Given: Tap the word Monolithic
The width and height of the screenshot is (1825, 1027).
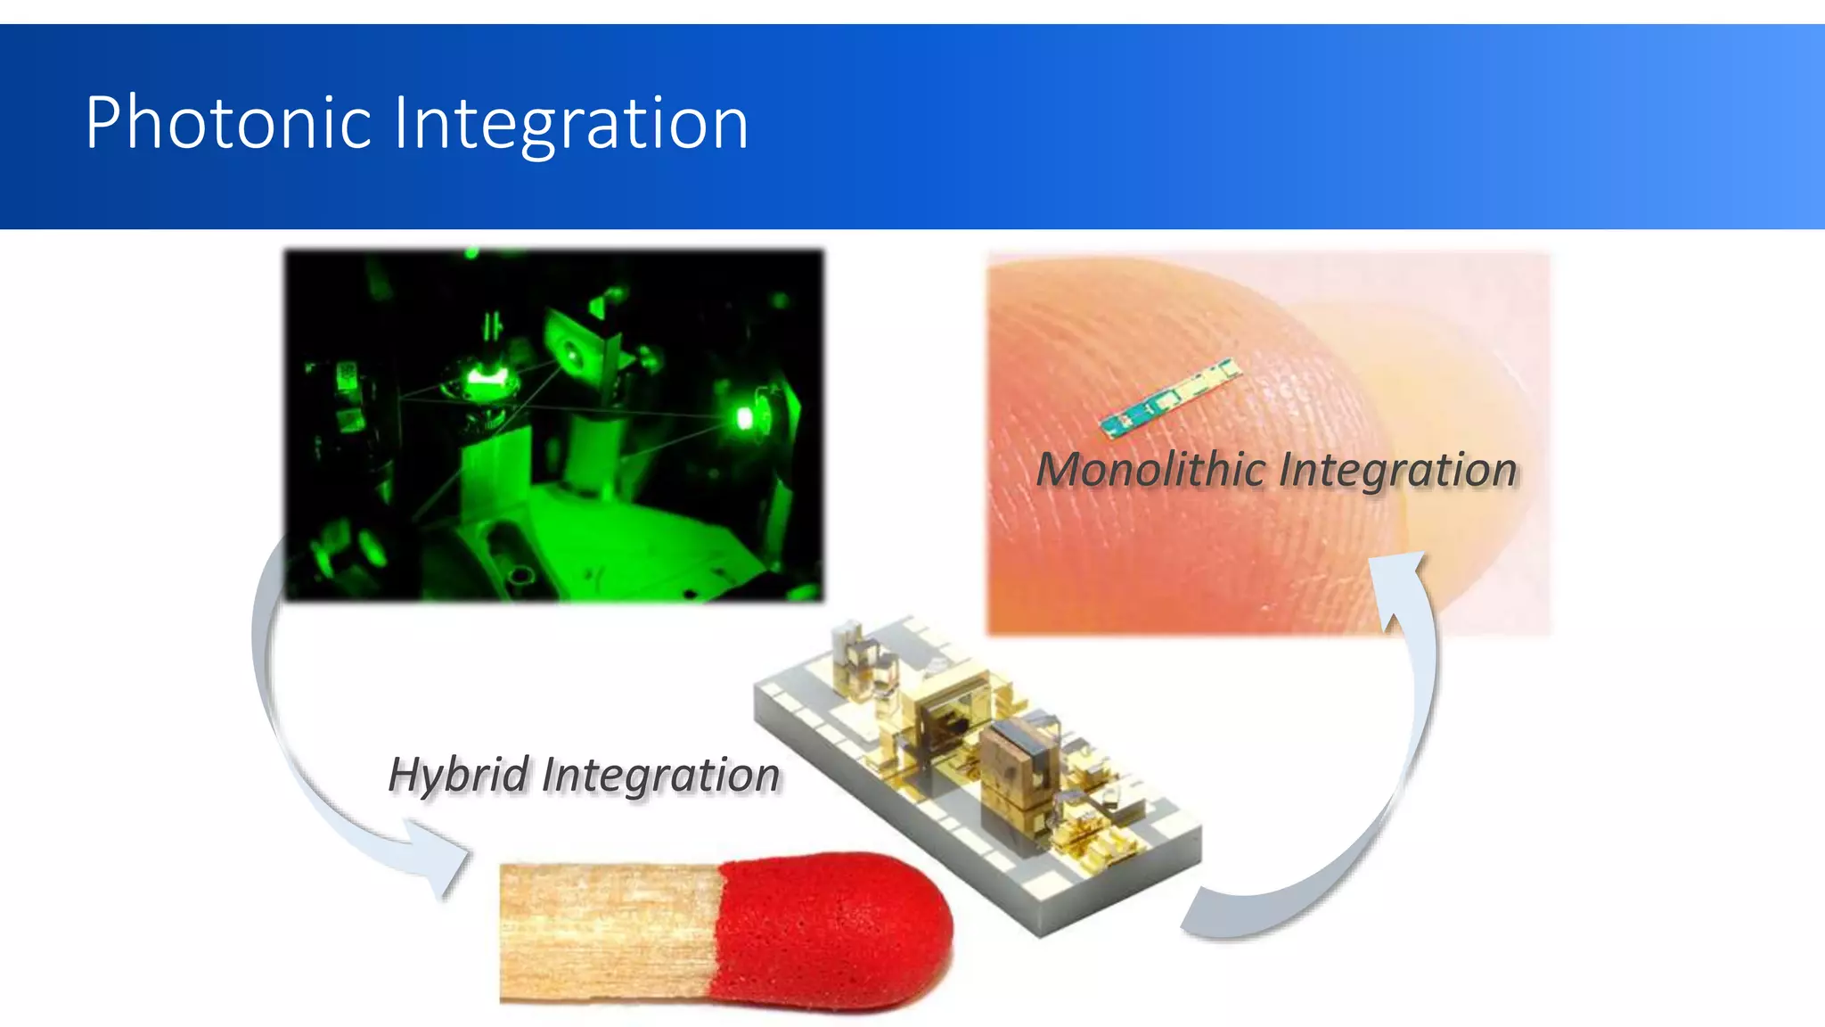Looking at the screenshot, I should [x=1150, y=469].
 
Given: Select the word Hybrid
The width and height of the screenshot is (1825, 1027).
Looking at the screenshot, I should [x=459, y=774].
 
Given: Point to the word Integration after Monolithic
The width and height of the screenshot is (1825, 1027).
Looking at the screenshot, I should [x=1398, y=469].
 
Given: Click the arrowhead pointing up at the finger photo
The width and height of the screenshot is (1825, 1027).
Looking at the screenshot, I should [x=1400, y=580].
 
